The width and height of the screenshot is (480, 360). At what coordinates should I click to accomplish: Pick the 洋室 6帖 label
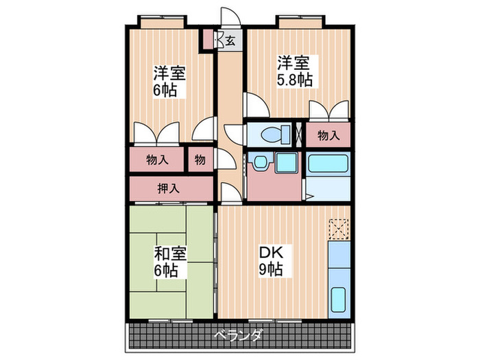click(x=169, y=81)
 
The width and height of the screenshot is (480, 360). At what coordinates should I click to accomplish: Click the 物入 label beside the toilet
click(x=328, y=136)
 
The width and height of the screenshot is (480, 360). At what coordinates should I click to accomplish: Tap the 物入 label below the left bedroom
click(x=157, y=160)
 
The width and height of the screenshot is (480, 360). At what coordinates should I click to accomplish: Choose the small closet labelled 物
click(x=200, y=160)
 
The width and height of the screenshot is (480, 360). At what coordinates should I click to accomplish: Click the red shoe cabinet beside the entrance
click(x=206, y=39)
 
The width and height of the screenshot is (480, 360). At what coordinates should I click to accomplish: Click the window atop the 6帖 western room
click(x=163, y=21)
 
